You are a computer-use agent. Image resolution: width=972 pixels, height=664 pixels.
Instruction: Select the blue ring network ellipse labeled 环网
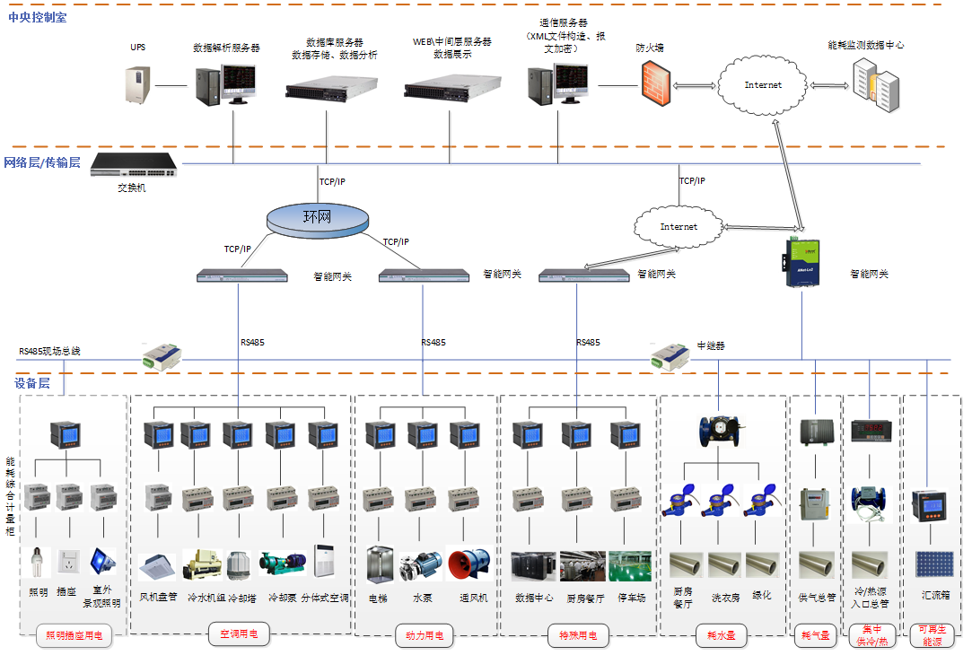[x=318, y=217]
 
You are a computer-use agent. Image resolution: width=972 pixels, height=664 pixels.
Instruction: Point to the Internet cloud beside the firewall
[x=763, y=85]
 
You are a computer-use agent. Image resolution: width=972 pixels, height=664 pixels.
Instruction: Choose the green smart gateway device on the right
[x=801, y=264]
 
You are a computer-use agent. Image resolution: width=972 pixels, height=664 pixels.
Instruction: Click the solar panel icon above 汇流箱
[x=933, y=564]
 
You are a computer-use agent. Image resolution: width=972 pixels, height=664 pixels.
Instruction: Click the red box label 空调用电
[x=239, y=635]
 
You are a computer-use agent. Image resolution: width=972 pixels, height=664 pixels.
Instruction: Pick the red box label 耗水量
[x=721, y=636]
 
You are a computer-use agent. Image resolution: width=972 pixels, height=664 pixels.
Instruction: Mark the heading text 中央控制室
[x=37, y=17]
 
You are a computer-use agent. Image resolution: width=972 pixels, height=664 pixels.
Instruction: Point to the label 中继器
[x=711, y=345]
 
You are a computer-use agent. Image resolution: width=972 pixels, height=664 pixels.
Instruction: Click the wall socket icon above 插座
[x=67, y=563]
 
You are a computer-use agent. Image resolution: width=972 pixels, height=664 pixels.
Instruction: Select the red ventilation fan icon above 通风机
[x=468, y=564]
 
